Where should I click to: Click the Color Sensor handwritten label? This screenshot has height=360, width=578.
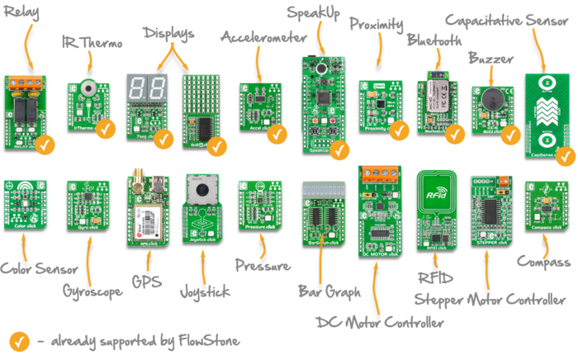[30, 269]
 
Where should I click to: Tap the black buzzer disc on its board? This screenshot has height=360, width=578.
[490, 98]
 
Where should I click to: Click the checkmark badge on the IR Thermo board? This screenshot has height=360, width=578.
[106, 129]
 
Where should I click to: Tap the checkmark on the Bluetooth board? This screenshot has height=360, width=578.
[455, 132]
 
